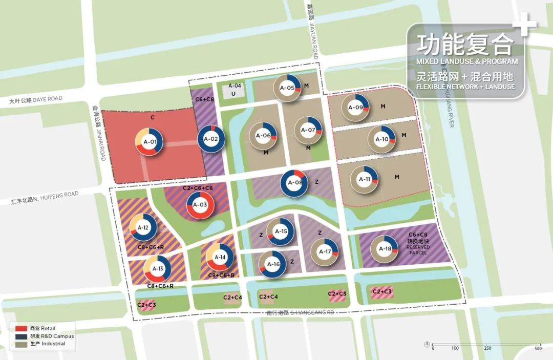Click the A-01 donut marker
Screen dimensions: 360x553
(x=149, y=142)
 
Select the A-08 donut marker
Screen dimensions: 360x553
(x=294, y=183)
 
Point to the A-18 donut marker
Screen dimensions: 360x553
(x=384, y=249)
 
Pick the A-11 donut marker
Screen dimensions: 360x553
(x=364, y=179)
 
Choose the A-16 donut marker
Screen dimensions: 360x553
(x=273, y=264)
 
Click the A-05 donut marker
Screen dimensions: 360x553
(x=287, y=88)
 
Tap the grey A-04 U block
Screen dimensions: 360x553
(x=234, y=90)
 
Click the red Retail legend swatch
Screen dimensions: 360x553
(x=21, y=328)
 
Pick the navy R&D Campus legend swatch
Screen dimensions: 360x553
(x=21, y=336)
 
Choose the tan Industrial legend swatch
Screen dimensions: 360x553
(x=21, y=343)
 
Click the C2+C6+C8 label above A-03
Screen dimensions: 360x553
(x=198, y=188)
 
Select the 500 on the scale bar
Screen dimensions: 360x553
(x=538, y=348)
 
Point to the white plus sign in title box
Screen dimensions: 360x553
(x=526, y=25)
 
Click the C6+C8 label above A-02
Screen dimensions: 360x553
(x=205, y=99)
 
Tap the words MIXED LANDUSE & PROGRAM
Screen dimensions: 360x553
(x=466, y=61)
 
